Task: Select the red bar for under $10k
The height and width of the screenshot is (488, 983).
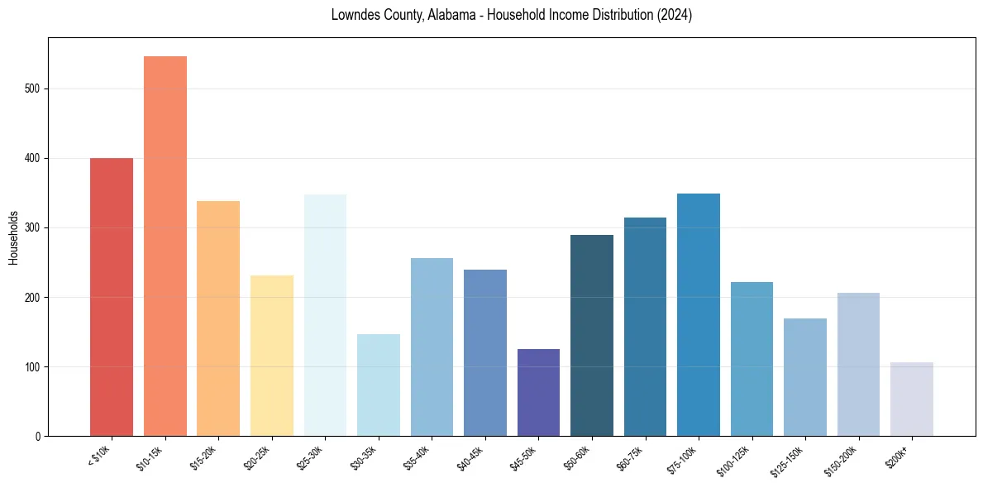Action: [x=112, y=297]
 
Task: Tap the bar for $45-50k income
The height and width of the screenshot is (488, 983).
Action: [x=538, y=393]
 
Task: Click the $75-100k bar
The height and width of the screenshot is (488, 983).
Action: [x=699, y=314]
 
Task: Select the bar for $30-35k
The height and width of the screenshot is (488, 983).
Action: [x=379, y=385]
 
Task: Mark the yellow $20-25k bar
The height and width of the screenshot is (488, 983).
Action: [x=272, y=356]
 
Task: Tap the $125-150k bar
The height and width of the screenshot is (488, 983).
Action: [x=804, y=377]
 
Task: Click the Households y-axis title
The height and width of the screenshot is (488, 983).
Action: [x=13, y=237]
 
